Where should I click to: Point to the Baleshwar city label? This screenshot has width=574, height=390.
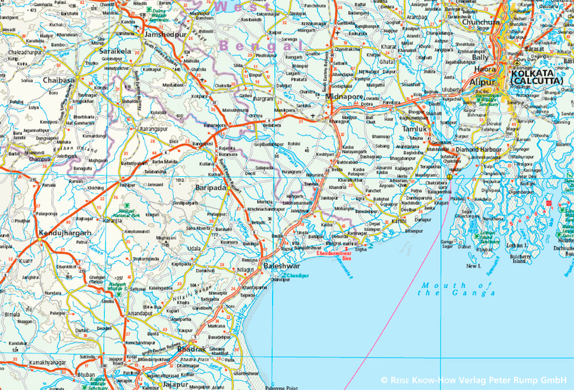281,267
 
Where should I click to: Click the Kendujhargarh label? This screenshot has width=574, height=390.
65,233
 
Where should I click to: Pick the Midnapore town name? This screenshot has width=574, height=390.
344,97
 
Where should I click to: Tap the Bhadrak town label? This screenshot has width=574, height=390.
191,349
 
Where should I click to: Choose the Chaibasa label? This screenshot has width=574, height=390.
59,80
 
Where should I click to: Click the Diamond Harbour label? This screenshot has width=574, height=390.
479,150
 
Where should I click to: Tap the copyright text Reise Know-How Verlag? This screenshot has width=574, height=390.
474,380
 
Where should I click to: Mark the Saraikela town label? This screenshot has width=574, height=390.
116,51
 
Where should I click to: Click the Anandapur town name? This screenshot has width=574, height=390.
141,314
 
